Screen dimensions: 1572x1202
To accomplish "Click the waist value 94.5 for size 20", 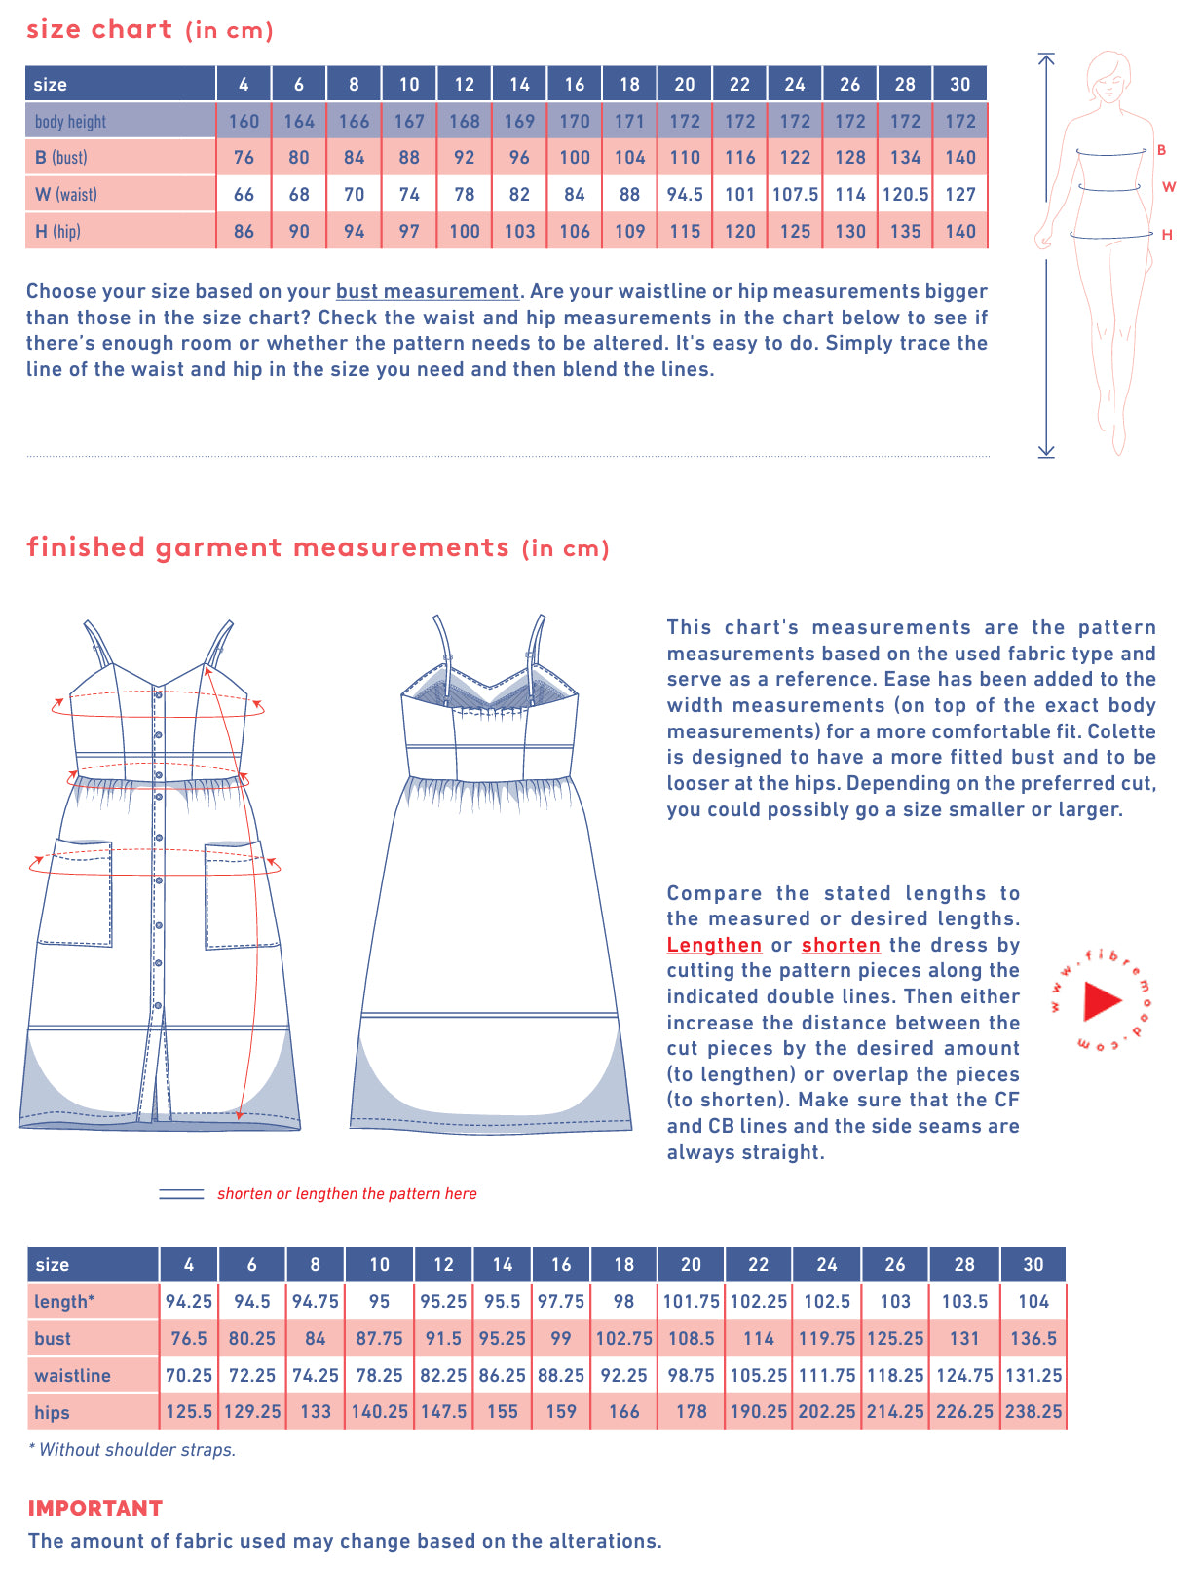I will click(x=685, y=194).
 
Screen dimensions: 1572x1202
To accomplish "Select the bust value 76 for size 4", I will click(x=244, y=157).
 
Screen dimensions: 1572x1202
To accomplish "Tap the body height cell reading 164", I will click(x=299, y=121).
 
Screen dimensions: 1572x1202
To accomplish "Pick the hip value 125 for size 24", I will click(x=795, y=231).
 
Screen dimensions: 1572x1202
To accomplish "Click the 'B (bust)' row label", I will click(x=60, y=157).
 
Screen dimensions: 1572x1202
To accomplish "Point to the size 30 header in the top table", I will click(x=959, y=84).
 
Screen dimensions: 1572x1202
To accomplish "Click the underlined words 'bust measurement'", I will click(x=428, y=291).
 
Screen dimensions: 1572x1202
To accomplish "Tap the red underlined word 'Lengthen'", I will click(x=714, y=945).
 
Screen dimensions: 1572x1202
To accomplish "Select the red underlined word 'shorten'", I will click(x=841, y=945).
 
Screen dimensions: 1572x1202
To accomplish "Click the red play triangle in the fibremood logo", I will click(x=1102, y=1000).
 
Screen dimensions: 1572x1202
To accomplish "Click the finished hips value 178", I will click(x=691, y=1411).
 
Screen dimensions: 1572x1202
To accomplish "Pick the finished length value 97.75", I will click(x=561, y=1301).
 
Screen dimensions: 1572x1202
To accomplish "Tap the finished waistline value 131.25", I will click(x=1033, y=1375).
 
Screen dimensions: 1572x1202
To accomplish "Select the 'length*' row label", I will click(x=64, y=1301).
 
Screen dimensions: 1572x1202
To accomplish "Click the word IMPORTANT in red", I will click(x=95, y=1508).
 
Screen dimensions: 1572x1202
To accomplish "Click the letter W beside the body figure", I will click(x=1169, y=187).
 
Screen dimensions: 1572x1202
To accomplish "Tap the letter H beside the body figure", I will click(x=1167, y=235).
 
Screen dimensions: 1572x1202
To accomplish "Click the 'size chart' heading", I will click(x=99, y=29).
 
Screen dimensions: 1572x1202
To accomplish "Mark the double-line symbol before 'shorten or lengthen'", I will click(x=181, y=1194).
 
